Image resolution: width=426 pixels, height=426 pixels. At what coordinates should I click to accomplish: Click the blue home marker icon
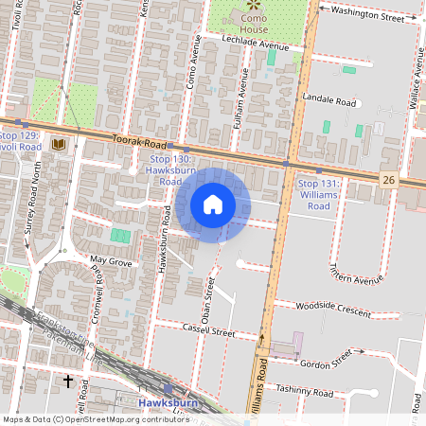pyautogui.click(x=213, y=204)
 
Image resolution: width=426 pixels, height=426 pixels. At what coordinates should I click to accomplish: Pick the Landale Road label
pyautogui.click(x=328, y=100)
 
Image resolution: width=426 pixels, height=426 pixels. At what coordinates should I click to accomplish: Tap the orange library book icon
pyautogui.click(x=60, y=144)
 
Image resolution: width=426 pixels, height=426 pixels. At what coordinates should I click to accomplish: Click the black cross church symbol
pyautogui.click(x=67, y=382)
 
